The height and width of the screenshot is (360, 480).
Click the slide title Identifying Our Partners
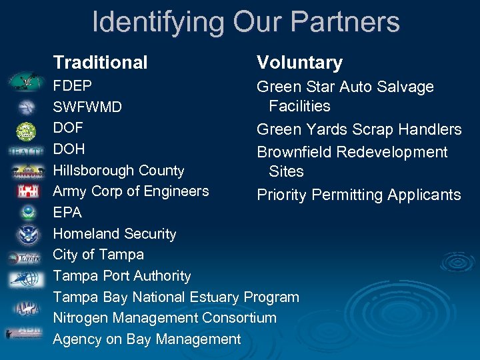coord(245,22)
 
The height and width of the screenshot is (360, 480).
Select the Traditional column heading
coord(100,63)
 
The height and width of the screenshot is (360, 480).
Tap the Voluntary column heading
coord(299,63)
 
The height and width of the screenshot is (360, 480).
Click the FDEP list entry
coord(73,86)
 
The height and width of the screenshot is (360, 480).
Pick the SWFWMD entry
coord(87,107)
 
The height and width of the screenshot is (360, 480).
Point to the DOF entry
coord(68,127)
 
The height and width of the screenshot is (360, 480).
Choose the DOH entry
coord(69,149)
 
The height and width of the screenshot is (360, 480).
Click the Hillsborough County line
coord(119,170)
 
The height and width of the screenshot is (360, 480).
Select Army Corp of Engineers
coord(131,191)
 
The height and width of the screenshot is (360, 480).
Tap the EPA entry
coord(67,213)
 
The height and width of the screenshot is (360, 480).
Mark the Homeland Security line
coord(115,234)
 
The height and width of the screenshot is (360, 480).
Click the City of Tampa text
coord(98,255)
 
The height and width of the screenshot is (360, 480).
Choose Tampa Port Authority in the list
coord(122,276)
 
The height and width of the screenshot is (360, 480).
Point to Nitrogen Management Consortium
coord(165,318)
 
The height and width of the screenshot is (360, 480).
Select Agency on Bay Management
coord(147,339)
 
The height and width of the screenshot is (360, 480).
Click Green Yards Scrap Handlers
coord(359,129)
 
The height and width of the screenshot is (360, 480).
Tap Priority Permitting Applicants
coord(359,195)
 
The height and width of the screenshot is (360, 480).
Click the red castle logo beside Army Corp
coord(25,192)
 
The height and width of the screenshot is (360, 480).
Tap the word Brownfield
coord(294,152)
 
